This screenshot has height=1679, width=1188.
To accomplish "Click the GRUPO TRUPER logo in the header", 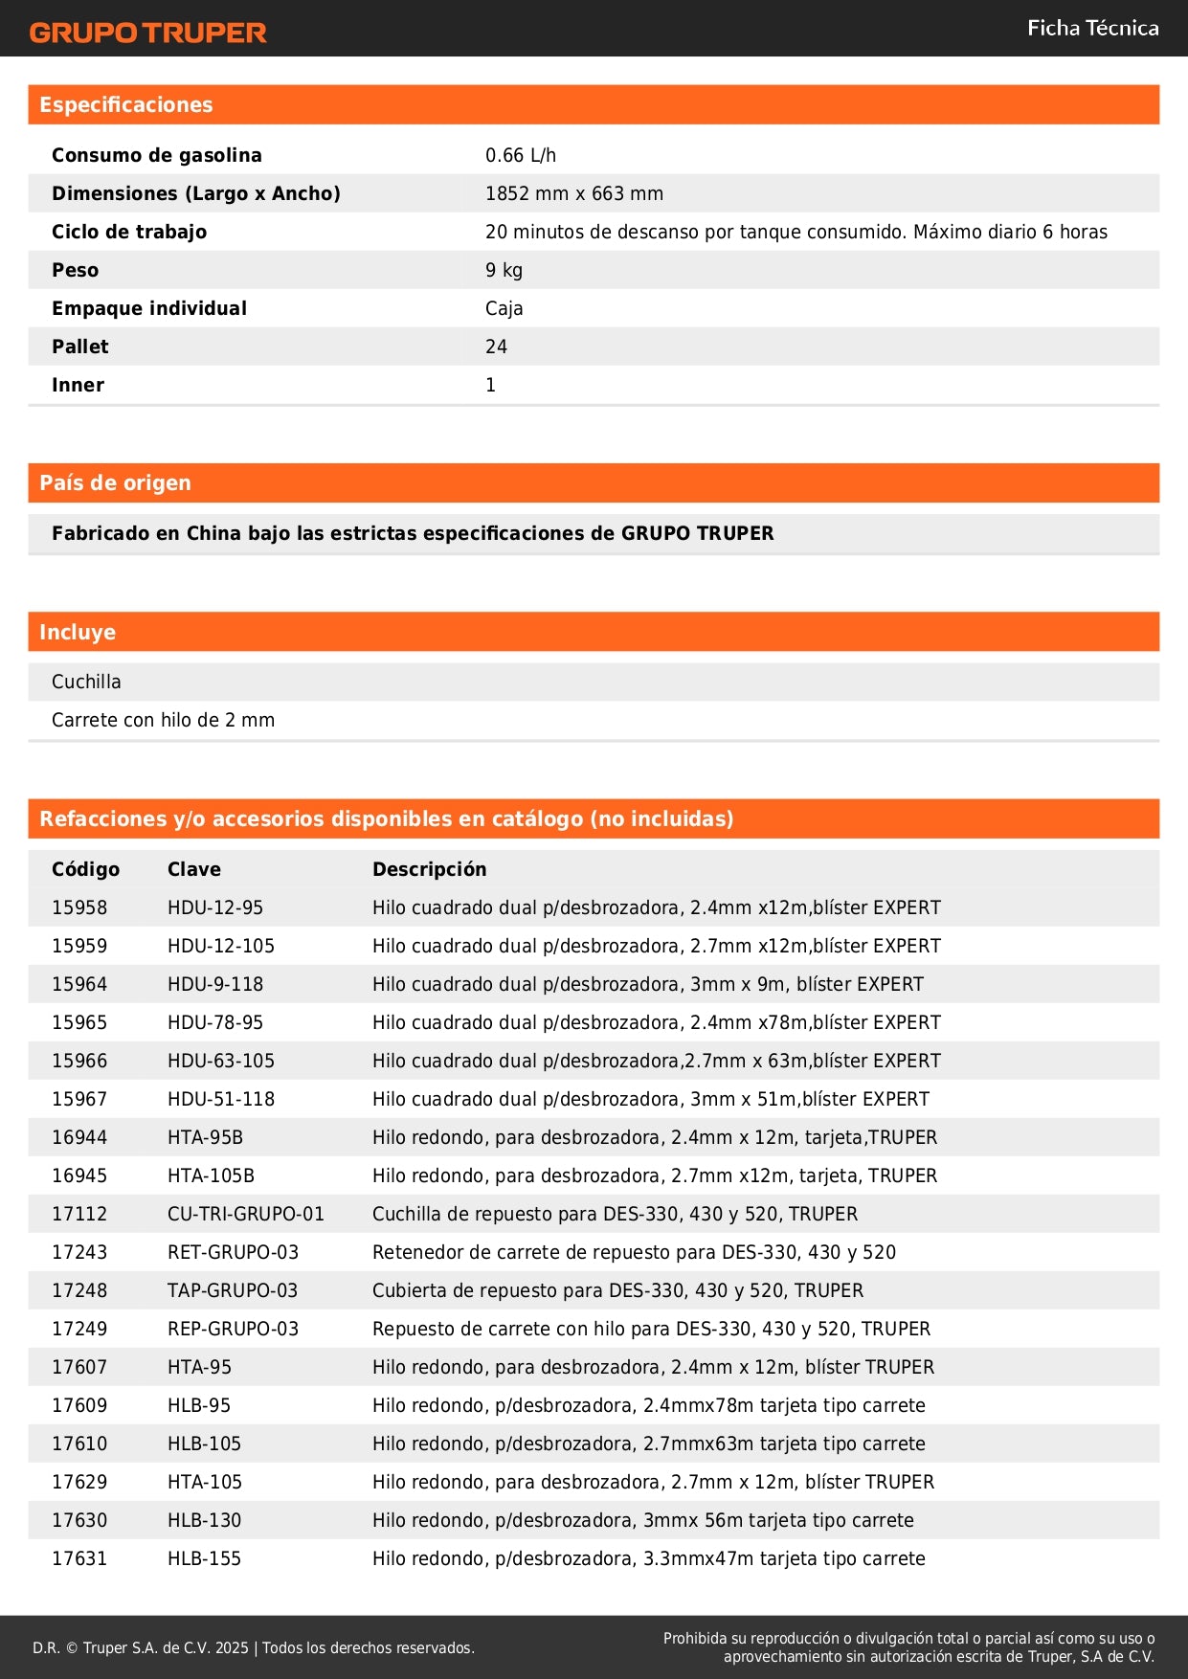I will click(147, 33).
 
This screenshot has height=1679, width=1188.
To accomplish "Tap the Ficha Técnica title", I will click(1092, 28).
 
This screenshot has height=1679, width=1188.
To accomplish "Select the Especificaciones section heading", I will click(126, 105).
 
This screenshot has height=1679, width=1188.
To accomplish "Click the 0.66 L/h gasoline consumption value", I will click(520, 155).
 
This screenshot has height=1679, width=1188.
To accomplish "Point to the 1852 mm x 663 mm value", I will click(573, 193).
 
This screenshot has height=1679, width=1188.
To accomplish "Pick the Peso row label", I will click(75, 270).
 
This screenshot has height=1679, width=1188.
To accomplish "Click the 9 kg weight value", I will click(504, 270).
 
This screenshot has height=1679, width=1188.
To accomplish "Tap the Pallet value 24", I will click(496, 347).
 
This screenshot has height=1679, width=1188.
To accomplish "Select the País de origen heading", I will click(115, 483).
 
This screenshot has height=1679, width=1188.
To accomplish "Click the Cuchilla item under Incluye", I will click(86, 682).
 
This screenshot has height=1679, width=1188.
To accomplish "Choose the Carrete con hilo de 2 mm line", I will click(163, 720).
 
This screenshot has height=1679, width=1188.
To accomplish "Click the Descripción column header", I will click(429, 869).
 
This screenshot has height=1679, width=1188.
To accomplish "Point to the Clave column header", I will click(193, 869).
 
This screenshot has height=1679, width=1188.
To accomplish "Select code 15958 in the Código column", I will click(79, 907).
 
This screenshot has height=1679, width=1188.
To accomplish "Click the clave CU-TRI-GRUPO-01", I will click(245, 1214).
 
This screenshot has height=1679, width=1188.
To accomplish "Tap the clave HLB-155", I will click(204, 1558).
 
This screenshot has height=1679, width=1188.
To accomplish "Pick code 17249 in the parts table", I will click(79, 1329).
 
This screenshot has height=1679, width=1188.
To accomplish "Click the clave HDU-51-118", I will click(220, 1099).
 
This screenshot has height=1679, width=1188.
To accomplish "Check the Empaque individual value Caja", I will click(504, 308).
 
